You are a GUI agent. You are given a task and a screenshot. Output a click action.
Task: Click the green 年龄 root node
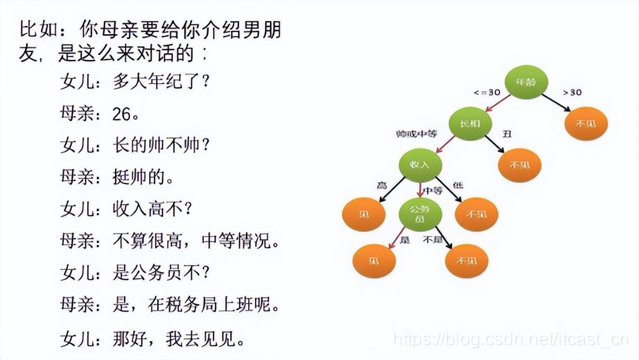pyautogui.click(x=526, y=82)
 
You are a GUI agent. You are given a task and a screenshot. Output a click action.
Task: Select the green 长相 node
pyautogui.click(x=470, y=123)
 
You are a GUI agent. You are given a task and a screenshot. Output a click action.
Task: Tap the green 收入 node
pyautogui.click(x=421, y=165)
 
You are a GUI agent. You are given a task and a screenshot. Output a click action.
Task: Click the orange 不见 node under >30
pyautogui.click(x=586, y=124)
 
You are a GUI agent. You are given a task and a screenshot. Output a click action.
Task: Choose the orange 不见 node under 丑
pyautogui.click(x=519, y=165)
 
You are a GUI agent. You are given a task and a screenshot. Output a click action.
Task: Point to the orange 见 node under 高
pyautogui.click(x=363, y=214)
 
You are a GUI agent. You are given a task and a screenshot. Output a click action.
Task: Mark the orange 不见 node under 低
pyautogui.click(x=477, y=214)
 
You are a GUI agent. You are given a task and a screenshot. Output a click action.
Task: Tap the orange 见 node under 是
pyautogui.click(x=374, y=261)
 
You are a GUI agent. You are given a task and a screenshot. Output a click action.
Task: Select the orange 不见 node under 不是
pyautogui.click(x=466, y=261)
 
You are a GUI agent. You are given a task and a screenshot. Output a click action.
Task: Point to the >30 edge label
pyautogui.click(x=572, y=92)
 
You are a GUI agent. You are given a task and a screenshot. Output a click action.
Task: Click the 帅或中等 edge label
pyautogui.click(x=416, y=134)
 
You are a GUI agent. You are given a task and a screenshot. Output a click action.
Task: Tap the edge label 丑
pyautogui.click(x=506, y=134)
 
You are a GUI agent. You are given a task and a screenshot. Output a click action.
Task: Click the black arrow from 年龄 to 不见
pyautogui.click(x=556, y=103)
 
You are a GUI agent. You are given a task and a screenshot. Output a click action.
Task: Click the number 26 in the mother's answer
pyautogui.click(x=122, y=114)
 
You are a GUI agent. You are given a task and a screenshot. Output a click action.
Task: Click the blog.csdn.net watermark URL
pyautogui.click(x=511, y=341)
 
